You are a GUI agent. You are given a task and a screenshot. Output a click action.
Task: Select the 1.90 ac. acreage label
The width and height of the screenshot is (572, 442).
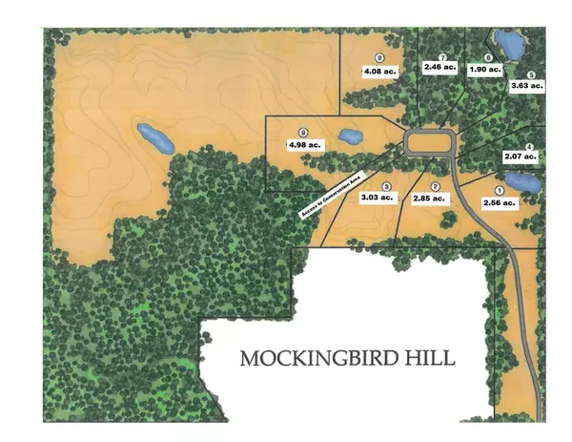(x=486, y=71)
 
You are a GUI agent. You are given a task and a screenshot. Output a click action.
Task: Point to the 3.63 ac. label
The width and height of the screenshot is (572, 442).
(x=530, y=86)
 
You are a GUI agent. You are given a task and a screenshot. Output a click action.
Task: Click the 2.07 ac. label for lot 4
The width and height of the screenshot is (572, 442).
(x=523, y=156)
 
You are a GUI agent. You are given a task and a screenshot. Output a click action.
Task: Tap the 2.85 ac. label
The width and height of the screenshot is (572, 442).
(x=428, y=199)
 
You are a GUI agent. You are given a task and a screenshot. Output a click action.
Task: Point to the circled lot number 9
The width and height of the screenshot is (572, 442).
(x=303, y=132)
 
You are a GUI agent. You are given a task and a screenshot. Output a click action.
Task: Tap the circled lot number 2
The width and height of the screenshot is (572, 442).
(x=436, y=186)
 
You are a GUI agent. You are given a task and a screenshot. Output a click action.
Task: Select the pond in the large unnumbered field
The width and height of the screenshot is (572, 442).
(x=155, y=138)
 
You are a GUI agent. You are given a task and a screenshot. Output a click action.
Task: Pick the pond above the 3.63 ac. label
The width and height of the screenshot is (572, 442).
(x=507, y=43)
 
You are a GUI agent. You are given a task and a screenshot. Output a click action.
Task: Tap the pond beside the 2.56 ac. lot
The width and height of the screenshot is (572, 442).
(x=521, y=181)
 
